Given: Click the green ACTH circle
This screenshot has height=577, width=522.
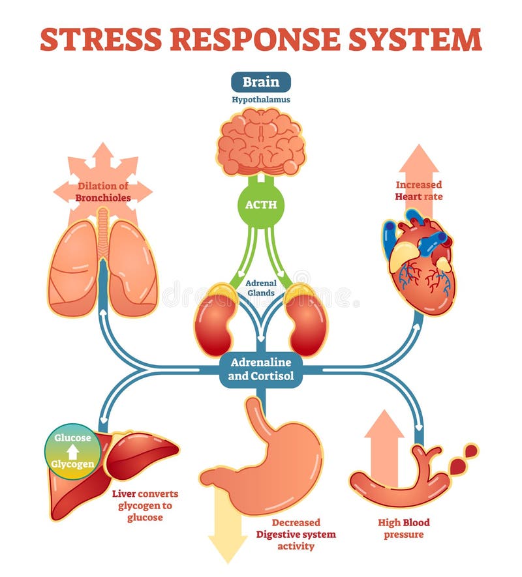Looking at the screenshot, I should pos(261,204).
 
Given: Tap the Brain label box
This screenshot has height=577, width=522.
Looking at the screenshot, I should pos(261,82).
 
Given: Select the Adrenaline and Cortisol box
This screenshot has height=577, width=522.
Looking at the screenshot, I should pos(261,369).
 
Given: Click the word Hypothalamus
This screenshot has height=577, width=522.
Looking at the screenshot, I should pos(261,100).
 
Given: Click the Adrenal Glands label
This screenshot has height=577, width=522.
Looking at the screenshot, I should pos(261,288).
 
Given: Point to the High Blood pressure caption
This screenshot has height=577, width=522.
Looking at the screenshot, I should pos(404,529).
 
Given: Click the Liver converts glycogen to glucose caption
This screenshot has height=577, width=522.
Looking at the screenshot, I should pos(145,505).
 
